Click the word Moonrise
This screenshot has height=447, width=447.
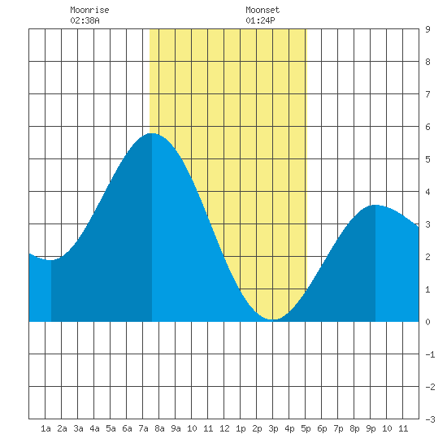(89, 10)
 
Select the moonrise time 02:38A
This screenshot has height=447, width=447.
(85, 20)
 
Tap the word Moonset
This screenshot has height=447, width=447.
(263, 10)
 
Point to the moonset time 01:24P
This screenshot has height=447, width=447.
(260, 20)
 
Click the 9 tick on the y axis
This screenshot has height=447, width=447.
(427, 29)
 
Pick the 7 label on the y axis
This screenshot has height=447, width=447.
(427, 94)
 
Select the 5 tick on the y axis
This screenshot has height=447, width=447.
(427, 159)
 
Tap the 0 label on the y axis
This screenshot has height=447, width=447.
(427, 322)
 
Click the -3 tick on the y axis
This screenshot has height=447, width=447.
(430, 419)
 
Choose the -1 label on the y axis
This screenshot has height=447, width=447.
(430, 354)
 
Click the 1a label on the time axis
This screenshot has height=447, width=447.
(46, 428)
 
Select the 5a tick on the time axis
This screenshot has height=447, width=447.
(111, 428)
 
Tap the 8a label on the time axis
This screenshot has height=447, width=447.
(159, 428)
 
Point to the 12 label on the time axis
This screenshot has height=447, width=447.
(224, 428)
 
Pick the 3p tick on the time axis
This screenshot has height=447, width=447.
(273, 428)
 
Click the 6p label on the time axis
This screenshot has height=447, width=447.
(322, 428)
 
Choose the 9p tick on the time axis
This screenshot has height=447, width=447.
(371, 428)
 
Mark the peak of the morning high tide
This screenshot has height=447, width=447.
(152, 133)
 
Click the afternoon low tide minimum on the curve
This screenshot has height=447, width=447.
(273, 319)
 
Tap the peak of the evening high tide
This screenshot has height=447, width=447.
(375, 205)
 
